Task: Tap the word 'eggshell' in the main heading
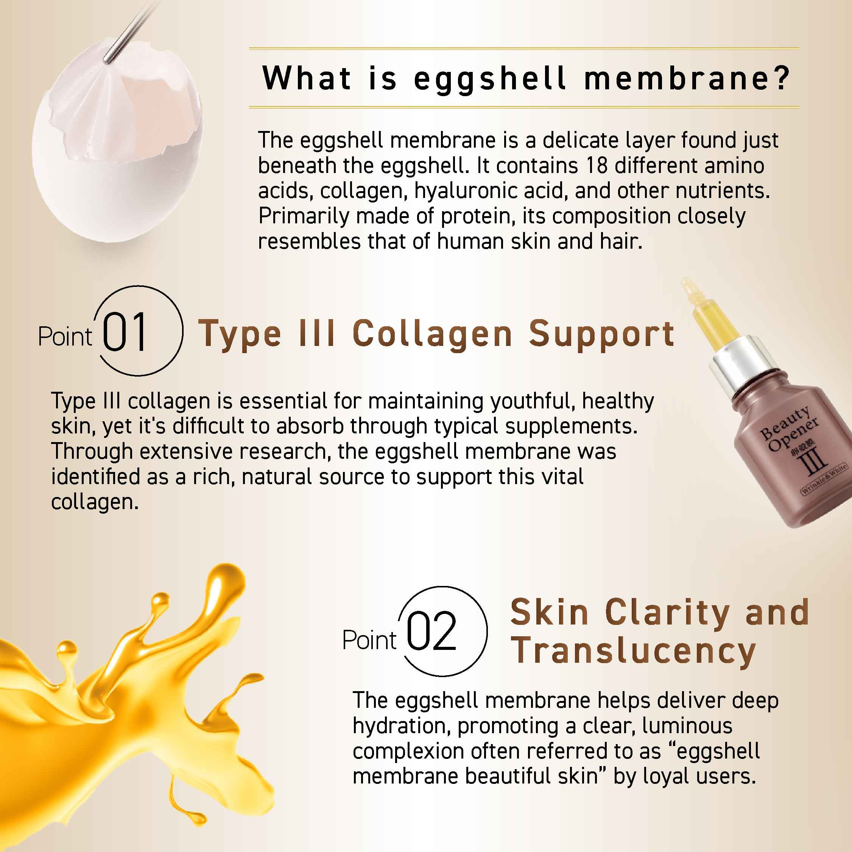pyautogui.click(x=489, y=80)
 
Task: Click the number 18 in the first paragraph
pyautogui.click(x=597, y=166)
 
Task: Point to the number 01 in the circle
pyautogui.click(x=125, y=332)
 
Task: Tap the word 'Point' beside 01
pyautogui.click(x=65, y=337)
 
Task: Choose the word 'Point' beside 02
pyautogui.click(x=369, y=640)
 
